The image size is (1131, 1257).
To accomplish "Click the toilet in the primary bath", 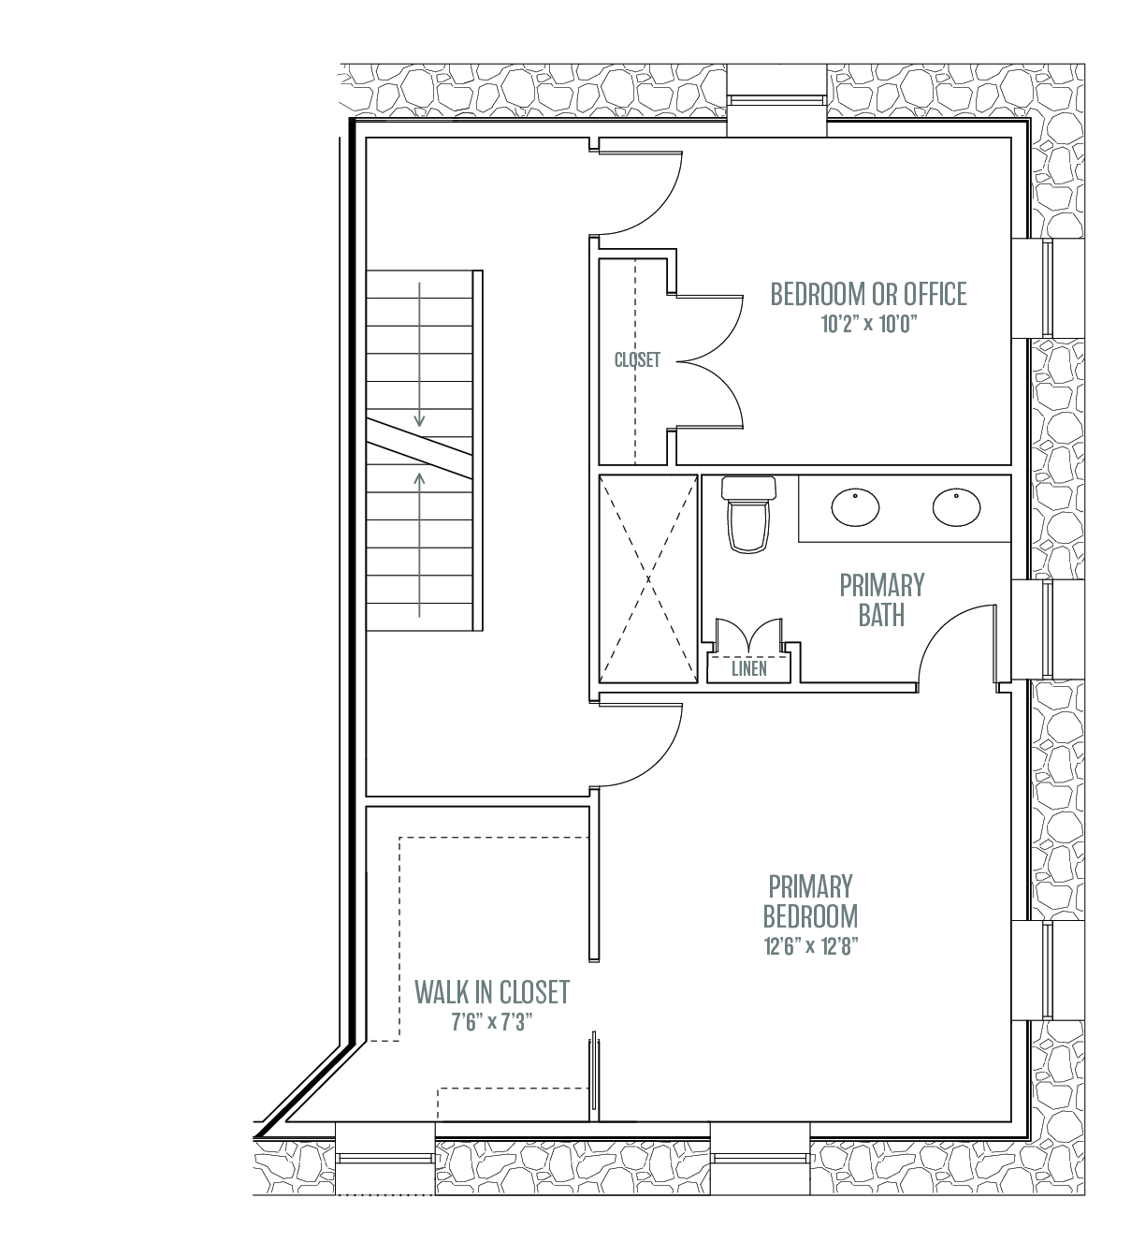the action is click(748, 514).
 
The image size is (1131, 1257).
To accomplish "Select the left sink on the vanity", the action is click(855, 507).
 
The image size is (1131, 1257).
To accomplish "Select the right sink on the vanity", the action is click(956, 507).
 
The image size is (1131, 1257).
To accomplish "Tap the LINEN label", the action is click(748, 669).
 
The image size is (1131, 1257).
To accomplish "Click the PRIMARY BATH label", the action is click(881, 600).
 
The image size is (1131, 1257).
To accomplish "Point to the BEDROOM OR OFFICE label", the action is click(868, 294).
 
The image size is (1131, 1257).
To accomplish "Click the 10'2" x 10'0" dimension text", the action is click(869, 324).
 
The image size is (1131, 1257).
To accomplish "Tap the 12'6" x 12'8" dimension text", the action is click(810, 945).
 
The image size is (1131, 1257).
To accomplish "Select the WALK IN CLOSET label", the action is click(492, 992).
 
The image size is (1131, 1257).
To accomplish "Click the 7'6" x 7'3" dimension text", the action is click(492, 1022).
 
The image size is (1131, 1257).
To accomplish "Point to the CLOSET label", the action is click(637, 359).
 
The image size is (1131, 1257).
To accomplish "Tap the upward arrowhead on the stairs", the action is click(419, 479).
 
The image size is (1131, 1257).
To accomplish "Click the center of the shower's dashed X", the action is click(648, 578).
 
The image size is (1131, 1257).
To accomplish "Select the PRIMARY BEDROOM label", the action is click(810, 901).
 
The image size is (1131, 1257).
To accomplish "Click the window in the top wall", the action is click(777, 99).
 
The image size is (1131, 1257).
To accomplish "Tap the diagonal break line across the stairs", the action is click(419, 448).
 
